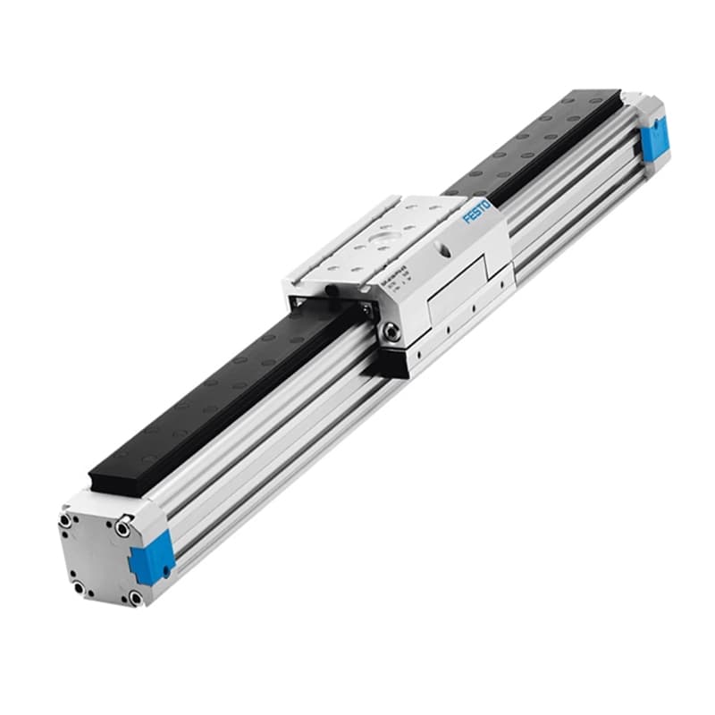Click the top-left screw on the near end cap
coord(66,517)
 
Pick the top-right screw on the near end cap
coord(120,529)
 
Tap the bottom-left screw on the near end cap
coord(79,587)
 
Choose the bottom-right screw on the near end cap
coord(134,597)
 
